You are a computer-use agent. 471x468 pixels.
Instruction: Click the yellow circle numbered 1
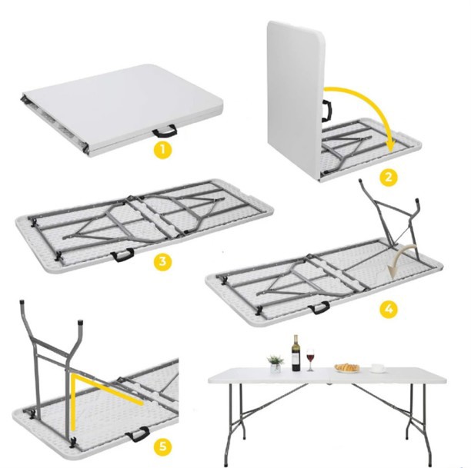click(162, 151)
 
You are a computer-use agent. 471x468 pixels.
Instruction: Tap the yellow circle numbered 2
click(388, 177)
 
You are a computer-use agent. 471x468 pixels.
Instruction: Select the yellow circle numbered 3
click(162, 261)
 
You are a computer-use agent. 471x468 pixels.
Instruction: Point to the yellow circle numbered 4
click(389, 309)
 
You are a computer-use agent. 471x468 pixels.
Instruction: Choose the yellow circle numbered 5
click(162, 446)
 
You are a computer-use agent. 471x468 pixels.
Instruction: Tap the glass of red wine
click(310, 360)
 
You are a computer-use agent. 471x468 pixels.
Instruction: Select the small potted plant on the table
click(276, 364)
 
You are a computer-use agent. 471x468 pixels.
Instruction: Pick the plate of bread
click(347, 368)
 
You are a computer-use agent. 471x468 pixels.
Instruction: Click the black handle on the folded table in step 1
click(165, 131)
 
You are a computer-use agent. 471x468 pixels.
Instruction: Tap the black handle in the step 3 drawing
click(122, 255)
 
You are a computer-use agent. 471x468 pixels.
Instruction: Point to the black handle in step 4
click(319, 307)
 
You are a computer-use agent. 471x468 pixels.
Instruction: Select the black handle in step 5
click(138, 433)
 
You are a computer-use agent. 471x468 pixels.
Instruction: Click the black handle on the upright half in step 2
click(327, 111)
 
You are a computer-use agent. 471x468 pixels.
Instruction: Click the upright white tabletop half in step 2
click(295, 99)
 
